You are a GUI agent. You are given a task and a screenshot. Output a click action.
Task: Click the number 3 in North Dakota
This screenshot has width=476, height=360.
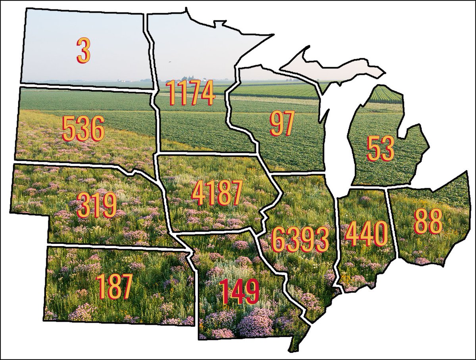[x=83, y=51]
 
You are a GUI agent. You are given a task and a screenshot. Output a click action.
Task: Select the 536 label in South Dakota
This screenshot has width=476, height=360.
[x=83, y=129]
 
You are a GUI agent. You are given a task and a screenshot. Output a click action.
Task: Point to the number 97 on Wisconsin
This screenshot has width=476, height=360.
[x=282, y=124]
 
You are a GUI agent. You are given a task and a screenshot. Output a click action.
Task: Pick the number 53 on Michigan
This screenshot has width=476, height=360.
[x=380, y=149]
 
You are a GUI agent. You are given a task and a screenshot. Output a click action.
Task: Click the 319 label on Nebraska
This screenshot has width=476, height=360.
[x=97, y=205]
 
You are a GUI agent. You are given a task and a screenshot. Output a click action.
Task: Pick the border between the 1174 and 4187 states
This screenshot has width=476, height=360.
[x=206, y=153]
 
